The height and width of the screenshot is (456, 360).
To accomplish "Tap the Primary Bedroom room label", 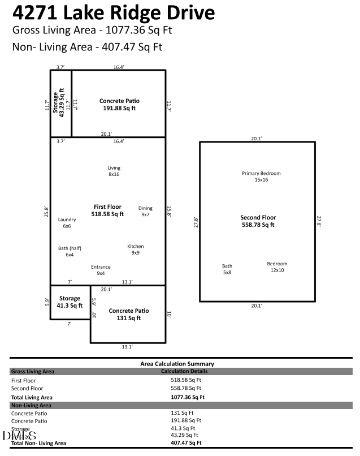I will pos(261,177).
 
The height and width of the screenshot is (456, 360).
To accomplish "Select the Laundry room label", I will pos(67,222).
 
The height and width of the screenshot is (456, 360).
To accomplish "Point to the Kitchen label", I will pos(135,249).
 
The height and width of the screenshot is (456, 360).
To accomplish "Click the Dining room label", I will pos(145,211).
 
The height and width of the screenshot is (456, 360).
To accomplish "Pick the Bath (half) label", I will pos(70,251).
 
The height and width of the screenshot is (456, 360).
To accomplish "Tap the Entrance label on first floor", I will pos(101,270).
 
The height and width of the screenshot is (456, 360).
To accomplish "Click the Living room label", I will pos(114,171).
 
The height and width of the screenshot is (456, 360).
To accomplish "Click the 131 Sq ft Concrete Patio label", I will pos(129,314).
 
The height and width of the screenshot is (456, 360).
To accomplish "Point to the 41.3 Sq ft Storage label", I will pos(70,302).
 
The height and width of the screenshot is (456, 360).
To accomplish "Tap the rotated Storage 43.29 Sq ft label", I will pos(59,103).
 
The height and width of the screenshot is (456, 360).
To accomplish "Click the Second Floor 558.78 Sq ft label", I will pos(258,221).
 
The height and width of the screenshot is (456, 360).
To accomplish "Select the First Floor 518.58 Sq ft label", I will pos(107,210).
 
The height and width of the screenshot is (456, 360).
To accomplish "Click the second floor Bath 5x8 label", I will pos(227,269).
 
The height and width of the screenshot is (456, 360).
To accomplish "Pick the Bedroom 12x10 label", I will pos(277,267).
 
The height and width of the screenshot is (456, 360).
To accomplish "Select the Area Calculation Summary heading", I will pos(177,364).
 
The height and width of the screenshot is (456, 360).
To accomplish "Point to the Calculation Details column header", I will pos(184,371).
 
